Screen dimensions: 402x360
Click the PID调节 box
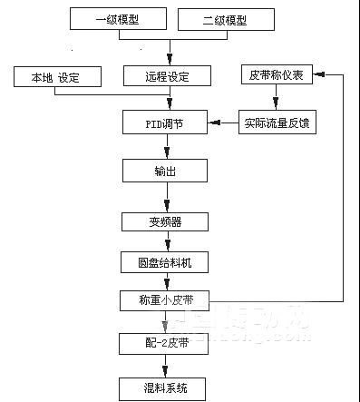(x=165, y=122)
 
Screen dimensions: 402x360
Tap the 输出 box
(x=165, y=169)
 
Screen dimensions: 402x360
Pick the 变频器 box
(x=165, y=221)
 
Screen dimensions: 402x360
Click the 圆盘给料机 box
(x=165, y=263)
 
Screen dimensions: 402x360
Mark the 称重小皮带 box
(x=165, y=300)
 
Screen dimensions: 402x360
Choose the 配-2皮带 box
(x=165, y=344)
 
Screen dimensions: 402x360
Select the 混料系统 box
(x=165, y=388)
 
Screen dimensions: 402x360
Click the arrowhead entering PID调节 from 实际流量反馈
(x=214, y=122)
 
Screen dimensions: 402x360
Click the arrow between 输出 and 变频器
(x=165, y=195)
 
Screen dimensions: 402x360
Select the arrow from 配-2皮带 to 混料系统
(x=165, y=367)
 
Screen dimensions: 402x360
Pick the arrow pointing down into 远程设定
(x=165, y=56)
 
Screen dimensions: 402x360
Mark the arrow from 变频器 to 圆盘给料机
(x=165, y=242)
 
